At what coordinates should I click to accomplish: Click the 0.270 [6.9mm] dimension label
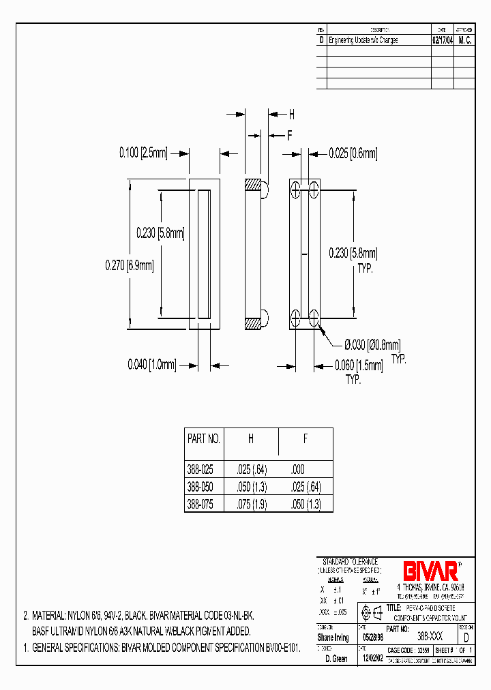click(x=130, y=265)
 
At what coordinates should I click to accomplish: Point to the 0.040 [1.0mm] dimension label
click(x=151, y=365)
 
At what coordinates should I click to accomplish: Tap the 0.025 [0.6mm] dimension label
click(x=353, y=154)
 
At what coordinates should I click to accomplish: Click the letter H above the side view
click(x=291, y=115)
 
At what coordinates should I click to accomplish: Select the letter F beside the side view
click(x=289, y=135)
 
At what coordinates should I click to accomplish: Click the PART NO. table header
click(x=204, y=439)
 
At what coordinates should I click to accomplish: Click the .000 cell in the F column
click(x=297, y=470)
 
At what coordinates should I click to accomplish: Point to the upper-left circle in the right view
click(x=295, y=190)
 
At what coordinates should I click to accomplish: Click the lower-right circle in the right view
click(x=314, y=316)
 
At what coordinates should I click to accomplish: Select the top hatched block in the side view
click(x=252, y=185)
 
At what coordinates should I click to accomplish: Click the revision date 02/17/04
click(x=443, y=40)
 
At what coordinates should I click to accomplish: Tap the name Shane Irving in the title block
click(x=333, y=638)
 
